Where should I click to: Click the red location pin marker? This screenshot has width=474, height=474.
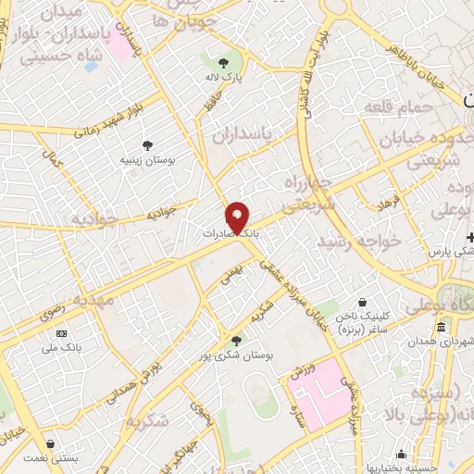[238, 218]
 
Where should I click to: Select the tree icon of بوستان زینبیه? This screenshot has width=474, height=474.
[147, 144]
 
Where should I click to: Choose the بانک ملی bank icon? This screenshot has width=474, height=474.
[62, 333]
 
